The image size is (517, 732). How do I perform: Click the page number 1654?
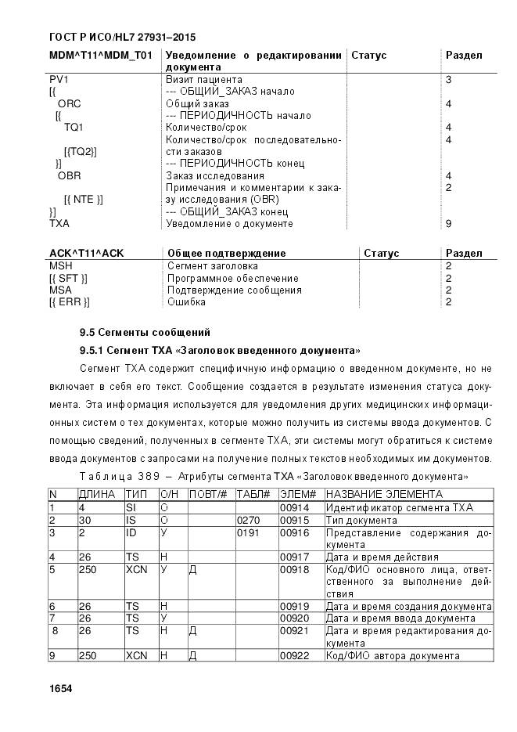pyautogui.click(x=60, y=688)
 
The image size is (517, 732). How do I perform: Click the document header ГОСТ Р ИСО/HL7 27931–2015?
pyautogui.click(x=121, y=37)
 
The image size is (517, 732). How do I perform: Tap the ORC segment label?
pyautogui.click(x=69, y=103)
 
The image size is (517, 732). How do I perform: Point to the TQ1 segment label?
pyautogui.click(x=74, y=127)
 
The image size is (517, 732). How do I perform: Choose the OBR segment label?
pyautogui.click(x=69, y=176)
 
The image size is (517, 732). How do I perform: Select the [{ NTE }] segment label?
pyautogui.click(x=84, y=199)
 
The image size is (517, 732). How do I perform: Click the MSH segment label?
pyautogui.click(x=60, y=266)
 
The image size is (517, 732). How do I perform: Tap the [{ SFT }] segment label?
pyautogui.click(x=68, y=278)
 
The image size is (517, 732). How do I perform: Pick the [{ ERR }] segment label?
pyautogui.click(x=69, y=301)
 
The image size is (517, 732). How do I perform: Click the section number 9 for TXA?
pyautogui.click(x=448, y=224)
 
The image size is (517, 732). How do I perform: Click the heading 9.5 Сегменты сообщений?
pyautogui.click(x=145, y=333)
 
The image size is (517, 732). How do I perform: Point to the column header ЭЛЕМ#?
pyautogui.click(x=296, y=495)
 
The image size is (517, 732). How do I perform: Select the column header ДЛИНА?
pyautogui.click(x=96, y=495)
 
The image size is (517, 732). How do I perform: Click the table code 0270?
pyautogui.click(x=247, y=520)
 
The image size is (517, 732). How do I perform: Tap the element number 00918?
pyautogui.click(x=295, y=570)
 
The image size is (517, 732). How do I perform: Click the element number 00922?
pyautogui.click(x=295, y=655)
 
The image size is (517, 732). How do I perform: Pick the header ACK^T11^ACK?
pyautogui.click(x=86, y=254)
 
